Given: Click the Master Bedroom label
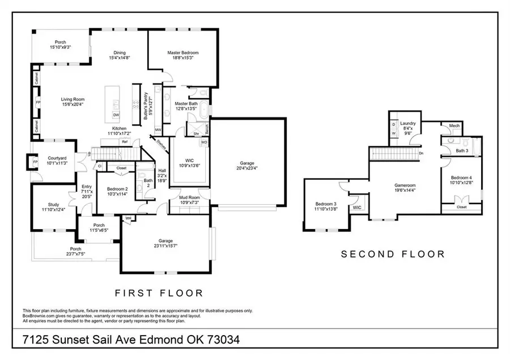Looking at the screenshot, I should [181, 53].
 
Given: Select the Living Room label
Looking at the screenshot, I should [72, 99].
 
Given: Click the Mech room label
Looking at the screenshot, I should [454, 126].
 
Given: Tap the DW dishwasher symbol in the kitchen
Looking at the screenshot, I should [116, 115].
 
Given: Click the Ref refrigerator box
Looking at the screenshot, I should [125, 142].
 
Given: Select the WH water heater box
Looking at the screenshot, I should [128, 218].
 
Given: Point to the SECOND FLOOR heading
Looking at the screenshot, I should [393, 255].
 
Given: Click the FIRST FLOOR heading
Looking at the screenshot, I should [159, 293].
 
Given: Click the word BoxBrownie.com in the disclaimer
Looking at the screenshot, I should [40, 315].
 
